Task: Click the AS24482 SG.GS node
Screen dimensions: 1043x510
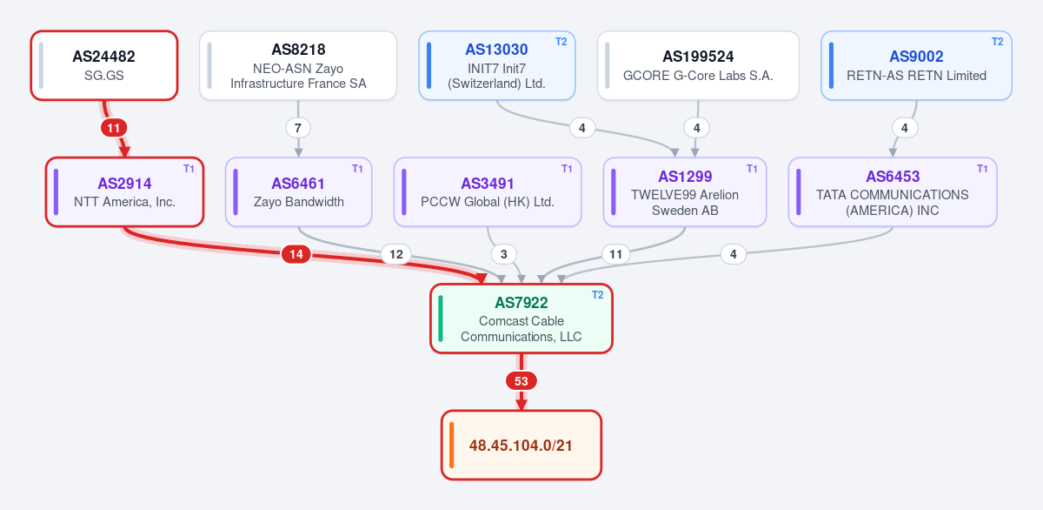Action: (104, 65)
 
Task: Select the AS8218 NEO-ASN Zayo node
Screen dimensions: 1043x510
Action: (298, 65)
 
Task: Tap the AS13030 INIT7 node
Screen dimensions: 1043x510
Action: (497, 65)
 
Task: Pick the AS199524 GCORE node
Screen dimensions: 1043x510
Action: (698, 65)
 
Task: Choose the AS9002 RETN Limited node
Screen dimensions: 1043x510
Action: (916, 65)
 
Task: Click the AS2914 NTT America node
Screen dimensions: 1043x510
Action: (125, 192)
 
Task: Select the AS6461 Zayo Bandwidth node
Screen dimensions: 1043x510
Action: (298, 192)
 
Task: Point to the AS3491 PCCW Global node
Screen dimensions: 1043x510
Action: (488, 192)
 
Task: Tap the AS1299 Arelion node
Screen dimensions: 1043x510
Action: (685, 192)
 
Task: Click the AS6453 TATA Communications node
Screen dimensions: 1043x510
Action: (893, 192)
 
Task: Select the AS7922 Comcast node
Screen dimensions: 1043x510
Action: (521, 319)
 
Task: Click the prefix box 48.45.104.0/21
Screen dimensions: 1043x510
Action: (521, 445)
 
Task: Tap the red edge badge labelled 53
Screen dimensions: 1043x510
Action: (521, 381)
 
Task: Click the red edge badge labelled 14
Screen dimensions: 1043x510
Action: (296, 254)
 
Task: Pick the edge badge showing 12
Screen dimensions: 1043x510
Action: (396, 254)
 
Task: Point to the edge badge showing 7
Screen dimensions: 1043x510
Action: (298, 128)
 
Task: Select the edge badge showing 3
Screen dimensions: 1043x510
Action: (504, 254)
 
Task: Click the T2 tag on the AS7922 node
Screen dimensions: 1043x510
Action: (598, 295)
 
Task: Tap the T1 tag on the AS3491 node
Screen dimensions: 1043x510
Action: (567, 168)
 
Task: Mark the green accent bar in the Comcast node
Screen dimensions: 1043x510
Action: (441, 319)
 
